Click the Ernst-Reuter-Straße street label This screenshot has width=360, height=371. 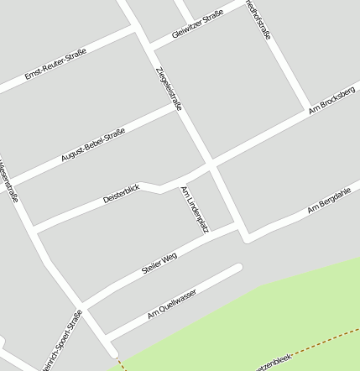[x=55, y=64]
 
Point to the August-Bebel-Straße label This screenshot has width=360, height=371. [x=93, y=144]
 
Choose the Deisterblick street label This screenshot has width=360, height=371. [x=120, y=195]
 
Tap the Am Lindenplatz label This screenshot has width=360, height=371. [x=195, y=209]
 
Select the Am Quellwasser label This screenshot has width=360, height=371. [x=171, y=303]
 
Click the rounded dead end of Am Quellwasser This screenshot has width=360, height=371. [x=238, y=268]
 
